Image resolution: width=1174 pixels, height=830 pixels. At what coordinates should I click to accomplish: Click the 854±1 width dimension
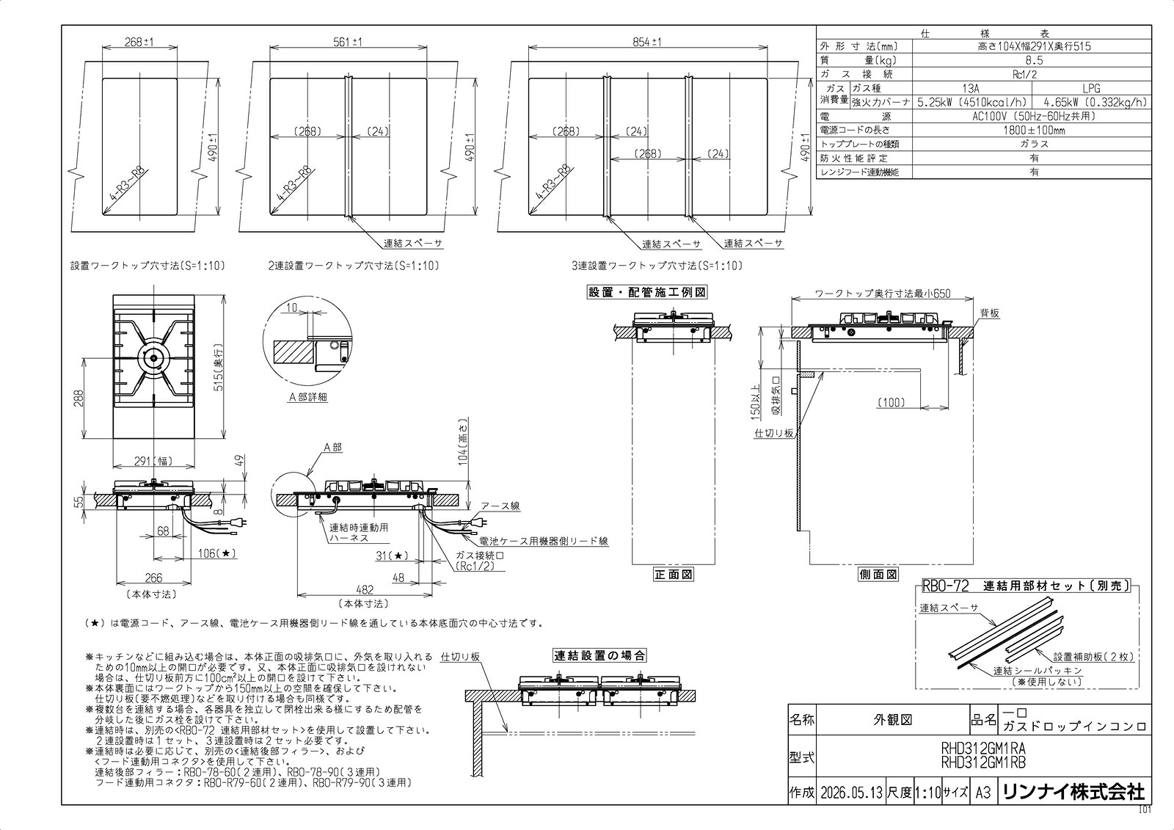647,41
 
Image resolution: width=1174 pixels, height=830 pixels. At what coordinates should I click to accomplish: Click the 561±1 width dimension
348,41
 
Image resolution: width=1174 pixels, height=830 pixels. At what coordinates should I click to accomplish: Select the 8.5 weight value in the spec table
1034,60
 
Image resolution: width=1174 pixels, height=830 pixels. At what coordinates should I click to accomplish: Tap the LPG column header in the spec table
1091,89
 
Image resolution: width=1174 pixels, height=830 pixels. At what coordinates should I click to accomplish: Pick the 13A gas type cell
971,89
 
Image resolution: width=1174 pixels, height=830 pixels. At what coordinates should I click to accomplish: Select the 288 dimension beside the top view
78,398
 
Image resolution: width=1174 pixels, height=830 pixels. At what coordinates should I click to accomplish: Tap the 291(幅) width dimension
153,461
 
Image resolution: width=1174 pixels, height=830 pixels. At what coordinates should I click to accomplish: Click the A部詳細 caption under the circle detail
308,397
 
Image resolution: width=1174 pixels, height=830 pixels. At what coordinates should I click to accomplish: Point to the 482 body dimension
365,590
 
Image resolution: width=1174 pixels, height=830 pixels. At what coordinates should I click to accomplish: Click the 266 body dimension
153,578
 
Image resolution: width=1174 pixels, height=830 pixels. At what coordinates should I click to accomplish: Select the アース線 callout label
500,506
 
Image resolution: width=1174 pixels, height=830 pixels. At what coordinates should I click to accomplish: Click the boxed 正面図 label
674,575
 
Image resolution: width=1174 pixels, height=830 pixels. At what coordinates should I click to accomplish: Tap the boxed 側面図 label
878,575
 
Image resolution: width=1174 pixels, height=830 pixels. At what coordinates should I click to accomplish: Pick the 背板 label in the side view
990,313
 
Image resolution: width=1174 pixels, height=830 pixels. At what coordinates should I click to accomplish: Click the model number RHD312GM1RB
983,764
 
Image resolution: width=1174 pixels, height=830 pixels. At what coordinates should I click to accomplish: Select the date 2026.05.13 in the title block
852,793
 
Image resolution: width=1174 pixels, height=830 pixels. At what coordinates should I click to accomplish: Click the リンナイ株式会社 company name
1074,792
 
